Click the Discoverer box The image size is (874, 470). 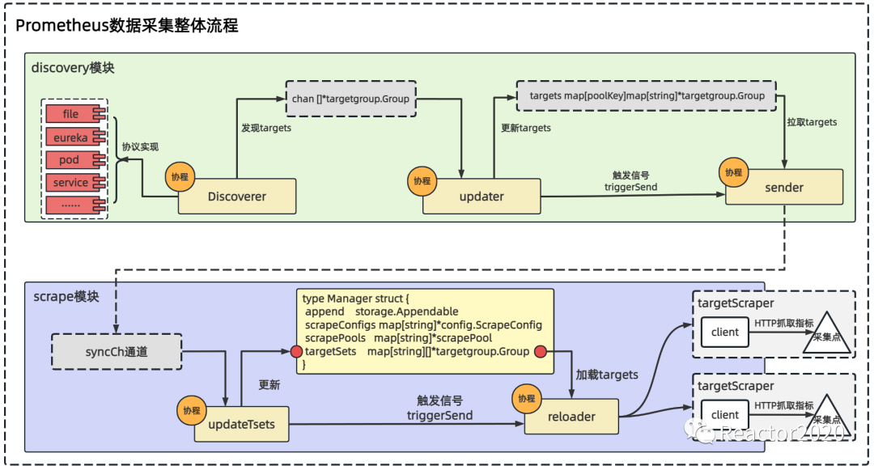point(237,196)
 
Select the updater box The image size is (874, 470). point(482,196)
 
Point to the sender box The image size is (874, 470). point(783,187)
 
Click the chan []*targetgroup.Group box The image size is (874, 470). point(350,99)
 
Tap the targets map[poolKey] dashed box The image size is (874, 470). point(647,95)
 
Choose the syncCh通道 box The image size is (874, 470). point(117,351)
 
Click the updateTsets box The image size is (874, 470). point(241,425)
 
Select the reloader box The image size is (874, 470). point(571,417)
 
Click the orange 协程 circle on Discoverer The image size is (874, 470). point(180,177)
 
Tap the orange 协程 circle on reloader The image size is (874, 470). point(527,398)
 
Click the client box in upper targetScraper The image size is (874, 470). point(724,332)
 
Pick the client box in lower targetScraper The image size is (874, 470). point(724,415)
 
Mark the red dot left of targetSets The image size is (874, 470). point(296,351)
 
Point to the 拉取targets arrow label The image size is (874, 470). point(812,122)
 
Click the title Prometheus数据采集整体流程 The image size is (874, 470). point(126,26)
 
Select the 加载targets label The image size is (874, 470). point(607,375)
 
